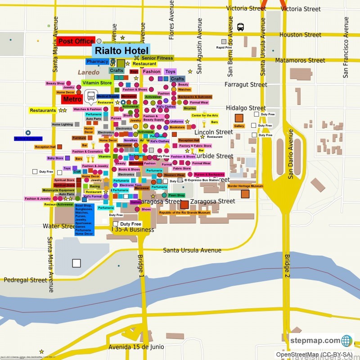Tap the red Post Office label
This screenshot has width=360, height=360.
[x=76, y=41]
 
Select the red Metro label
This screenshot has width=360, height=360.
[x=72, y=99]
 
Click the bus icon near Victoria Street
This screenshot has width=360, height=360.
[x=240, y=27]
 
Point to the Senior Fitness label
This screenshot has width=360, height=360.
[x=157, y=58]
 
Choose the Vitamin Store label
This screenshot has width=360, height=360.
[x=97, y=83]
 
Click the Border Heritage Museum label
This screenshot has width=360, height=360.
[x=245, y=186]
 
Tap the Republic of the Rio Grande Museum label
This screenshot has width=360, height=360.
[x=184, y=212]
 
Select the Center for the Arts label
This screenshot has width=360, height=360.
[x=205, y=116]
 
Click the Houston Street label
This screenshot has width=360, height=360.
[x=300, y=35]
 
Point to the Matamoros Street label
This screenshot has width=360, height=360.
[x=300, y=60]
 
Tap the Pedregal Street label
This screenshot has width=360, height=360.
[x=25, y=280]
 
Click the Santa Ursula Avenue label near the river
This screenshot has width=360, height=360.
[x=192, y=250]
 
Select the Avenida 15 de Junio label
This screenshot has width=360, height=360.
[x=136, y=347]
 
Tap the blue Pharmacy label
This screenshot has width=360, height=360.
[x=97, y=61]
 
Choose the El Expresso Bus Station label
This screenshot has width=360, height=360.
[x=202, y=180]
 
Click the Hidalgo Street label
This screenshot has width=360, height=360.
[x=246, y=108]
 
